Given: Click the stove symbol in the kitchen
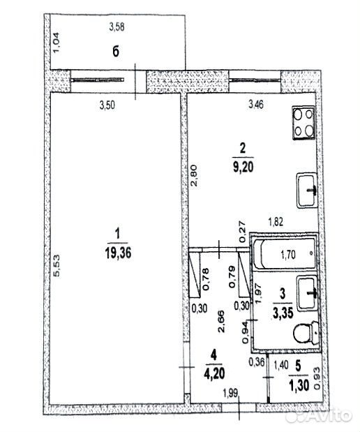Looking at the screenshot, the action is coord(303,123).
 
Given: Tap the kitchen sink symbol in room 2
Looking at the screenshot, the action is coord(307,191).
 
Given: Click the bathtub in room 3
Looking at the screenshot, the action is coord(285,254).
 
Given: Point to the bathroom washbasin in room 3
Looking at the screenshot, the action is coord(307,293).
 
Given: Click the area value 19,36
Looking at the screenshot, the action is coord(118,253).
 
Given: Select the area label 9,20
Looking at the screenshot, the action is coord(243,167).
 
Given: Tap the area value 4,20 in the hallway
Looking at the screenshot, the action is coord(214,373).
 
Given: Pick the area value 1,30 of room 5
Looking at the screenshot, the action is coord(299,385).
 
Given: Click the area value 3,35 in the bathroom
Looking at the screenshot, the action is coord(283,313).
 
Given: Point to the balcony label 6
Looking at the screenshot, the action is coord(116,52).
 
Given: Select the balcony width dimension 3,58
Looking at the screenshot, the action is coord(117,27).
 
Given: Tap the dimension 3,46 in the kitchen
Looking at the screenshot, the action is coord(256,105).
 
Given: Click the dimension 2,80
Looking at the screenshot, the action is coord(194,176).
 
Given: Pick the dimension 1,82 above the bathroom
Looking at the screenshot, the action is coord(276,222).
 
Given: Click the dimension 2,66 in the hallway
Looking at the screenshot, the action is coord(221,322).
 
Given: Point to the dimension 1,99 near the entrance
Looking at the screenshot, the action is coord(231,393).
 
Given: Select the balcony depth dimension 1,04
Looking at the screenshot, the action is coord(57,43).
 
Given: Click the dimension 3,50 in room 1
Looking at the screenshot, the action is coord(107,105).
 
